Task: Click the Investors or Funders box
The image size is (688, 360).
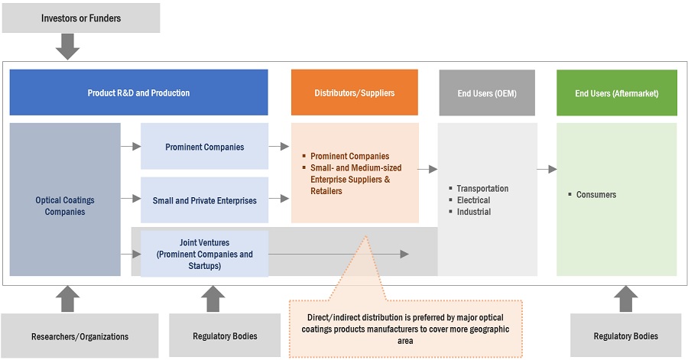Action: click(x=81, y=18)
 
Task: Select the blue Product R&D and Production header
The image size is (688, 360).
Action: click(x=138, y=92)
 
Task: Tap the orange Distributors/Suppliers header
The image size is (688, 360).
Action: click(x=355, y=92)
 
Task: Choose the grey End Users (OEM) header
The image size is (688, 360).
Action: click(x=486, y=92)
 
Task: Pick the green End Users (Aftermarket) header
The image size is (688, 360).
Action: click(x=616, y=92)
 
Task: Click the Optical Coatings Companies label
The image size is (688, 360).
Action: click(x=65, y=206)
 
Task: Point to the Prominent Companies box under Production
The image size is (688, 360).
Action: click(x=204, y=147)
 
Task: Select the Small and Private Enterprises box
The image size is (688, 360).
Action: click(x=204, y=200)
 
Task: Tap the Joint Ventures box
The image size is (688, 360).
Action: click(x=204, y=254)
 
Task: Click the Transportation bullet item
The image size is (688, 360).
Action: click(x=482, y=188)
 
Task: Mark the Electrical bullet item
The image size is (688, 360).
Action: click(x=473, y=200)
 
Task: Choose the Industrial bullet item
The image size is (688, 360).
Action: click(x=474, y=212)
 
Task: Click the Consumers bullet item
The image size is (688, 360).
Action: click(x=596, y=194)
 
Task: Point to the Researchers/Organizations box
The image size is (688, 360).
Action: click(x=80, y=336)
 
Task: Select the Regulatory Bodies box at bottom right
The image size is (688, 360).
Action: click(x=625, y=336)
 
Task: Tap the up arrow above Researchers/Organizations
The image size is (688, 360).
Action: click(x=68, y=299)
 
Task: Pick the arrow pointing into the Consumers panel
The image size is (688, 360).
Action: click(x=547, y=169)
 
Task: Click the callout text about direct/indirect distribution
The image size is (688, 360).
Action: click(x=405, y=325)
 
